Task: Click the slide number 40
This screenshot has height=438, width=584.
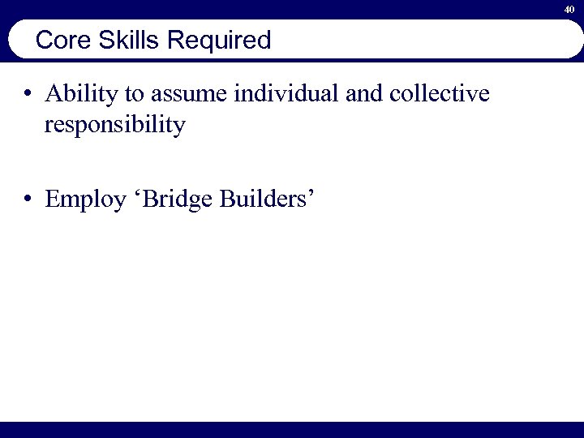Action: click(x=569, y=9)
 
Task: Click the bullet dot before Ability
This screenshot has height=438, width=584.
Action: click(x=28, y=95)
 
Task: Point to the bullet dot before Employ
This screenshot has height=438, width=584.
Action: click(x=28, y=200)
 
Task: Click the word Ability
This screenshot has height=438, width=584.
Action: click(x=80, y=95)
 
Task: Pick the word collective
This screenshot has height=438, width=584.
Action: click(x=440, y=95)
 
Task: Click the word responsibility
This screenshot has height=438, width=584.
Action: click(x=115, y=127)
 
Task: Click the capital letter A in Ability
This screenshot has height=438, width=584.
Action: click(x=54, y=95)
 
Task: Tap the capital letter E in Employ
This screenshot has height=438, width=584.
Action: click(x=52, y=200)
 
